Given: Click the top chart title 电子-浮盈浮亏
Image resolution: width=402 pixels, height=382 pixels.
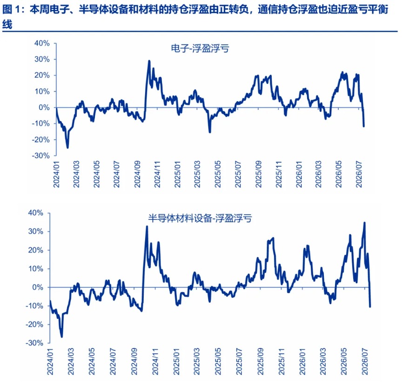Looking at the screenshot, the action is pyautogui.click(x=200, y=48).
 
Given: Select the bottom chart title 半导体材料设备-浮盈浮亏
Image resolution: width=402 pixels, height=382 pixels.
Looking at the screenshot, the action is pyautogui.click(x=200, y=218).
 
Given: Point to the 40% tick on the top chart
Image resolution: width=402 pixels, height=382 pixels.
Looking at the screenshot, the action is pyautogui.click(x=42, y=43).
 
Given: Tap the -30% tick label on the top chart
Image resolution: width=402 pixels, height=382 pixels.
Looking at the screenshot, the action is pyautogui.click(x=40, y=156).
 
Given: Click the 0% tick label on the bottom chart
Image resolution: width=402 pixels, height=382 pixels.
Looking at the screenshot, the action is pyautogui.click(x=38, y=287).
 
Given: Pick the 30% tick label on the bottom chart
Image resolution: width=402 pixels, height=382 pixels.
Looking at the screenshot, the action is pyautogui.click(x=36, y=232).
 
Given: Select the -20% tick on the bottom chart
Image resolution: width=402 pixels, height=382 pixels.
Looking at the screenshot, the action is pyautogui.click(x=34, y=325).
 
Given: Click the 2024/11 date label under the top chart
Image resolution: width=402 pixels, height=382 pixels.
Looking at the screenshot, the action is pyautogui.click(x=157, y=174).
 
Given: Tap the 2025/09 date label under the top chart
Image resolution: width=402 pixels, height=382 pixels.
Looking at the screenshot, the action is pyautogui.click(x=258, y=174).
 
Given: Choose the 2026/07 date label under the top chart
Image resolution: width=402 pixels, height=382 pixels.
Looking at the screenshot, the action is pyautogui.click(x=359, y=174).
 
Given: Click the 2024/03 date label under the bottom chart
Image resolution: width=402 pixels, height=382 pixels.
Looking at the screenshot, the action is pyautogui.click(x=71, y=362).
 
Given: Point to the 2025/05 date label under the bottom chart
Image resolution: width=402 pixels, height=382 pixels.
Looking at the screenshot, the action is pyautogui.click(x=218, y=362).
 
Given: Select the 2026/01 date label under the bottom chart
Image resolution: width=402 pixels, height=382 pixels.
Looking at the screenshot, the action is pyautogui.click(x=302, y=362).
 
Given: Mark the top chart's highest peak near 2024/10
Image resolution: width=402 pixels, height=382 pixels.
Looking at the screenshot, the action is pyautogui.click(x=149, y=61).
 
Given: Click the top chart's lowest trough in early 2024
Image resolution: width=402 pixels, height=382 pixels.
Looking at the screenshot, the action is pyautogui.click(x=67, y=148).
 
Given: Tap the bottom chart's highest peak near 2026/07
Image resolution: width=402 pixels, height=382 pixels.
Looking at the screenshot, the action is pyautogui.click(x=365, y=223).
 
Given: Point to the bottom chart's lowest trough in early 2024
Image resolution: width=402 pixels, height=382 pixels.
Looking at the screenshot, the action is pyautogui.click(x=61, y=337).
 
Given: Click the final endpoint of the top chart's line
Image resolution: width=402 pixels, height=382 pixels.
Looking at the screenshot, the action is pyautogui.click(x=364, y=126).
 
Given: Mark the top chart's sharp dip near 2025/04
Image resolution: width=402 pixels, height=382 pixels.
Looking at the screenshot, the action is pyautogui.click(x=210, y=132).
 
